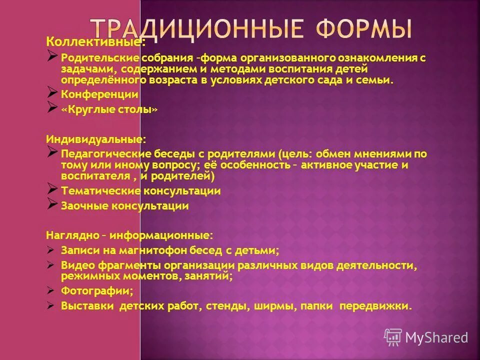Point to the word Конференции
click(x=99, y=94)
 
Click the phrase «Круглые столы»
click(x=109, y=109)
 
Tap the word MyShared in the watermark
click(x=436, y=338)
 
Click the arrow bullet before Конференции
click(x=52, y=91)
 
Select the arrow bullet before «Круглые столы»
click(x=52, y=107)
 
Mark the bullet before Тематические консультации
click(x=52, y=188)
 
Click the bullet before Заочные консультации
click(x=52, y=203)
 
